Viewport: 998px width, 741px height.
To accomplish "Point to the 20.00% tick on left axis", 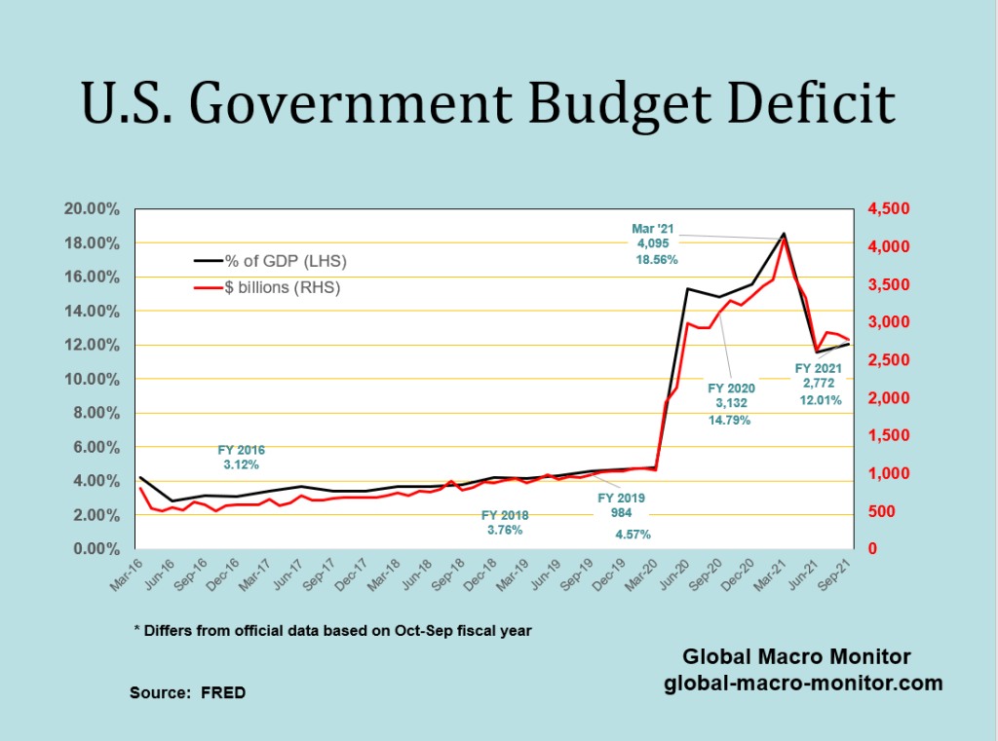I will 90,208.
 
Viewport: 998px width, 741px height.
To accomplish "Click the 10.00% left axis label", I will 90,379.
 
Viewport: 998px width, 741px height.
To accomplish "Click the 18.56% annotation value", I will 657,260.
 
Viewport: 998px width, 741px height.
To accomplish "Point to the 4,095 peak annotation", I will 652,244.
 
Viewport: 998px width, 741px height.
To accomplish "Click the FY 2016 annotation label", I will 241,451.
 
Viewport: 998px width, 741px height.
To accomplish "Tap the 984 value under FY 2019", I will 620,513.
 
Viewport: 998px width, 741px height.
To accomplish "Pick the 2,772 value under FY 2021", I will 818,384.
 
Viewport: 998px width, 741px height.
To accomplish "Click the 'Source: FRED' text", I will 187,693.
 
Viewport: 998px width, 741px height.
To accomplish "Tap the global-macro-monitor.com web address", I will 803,683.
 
